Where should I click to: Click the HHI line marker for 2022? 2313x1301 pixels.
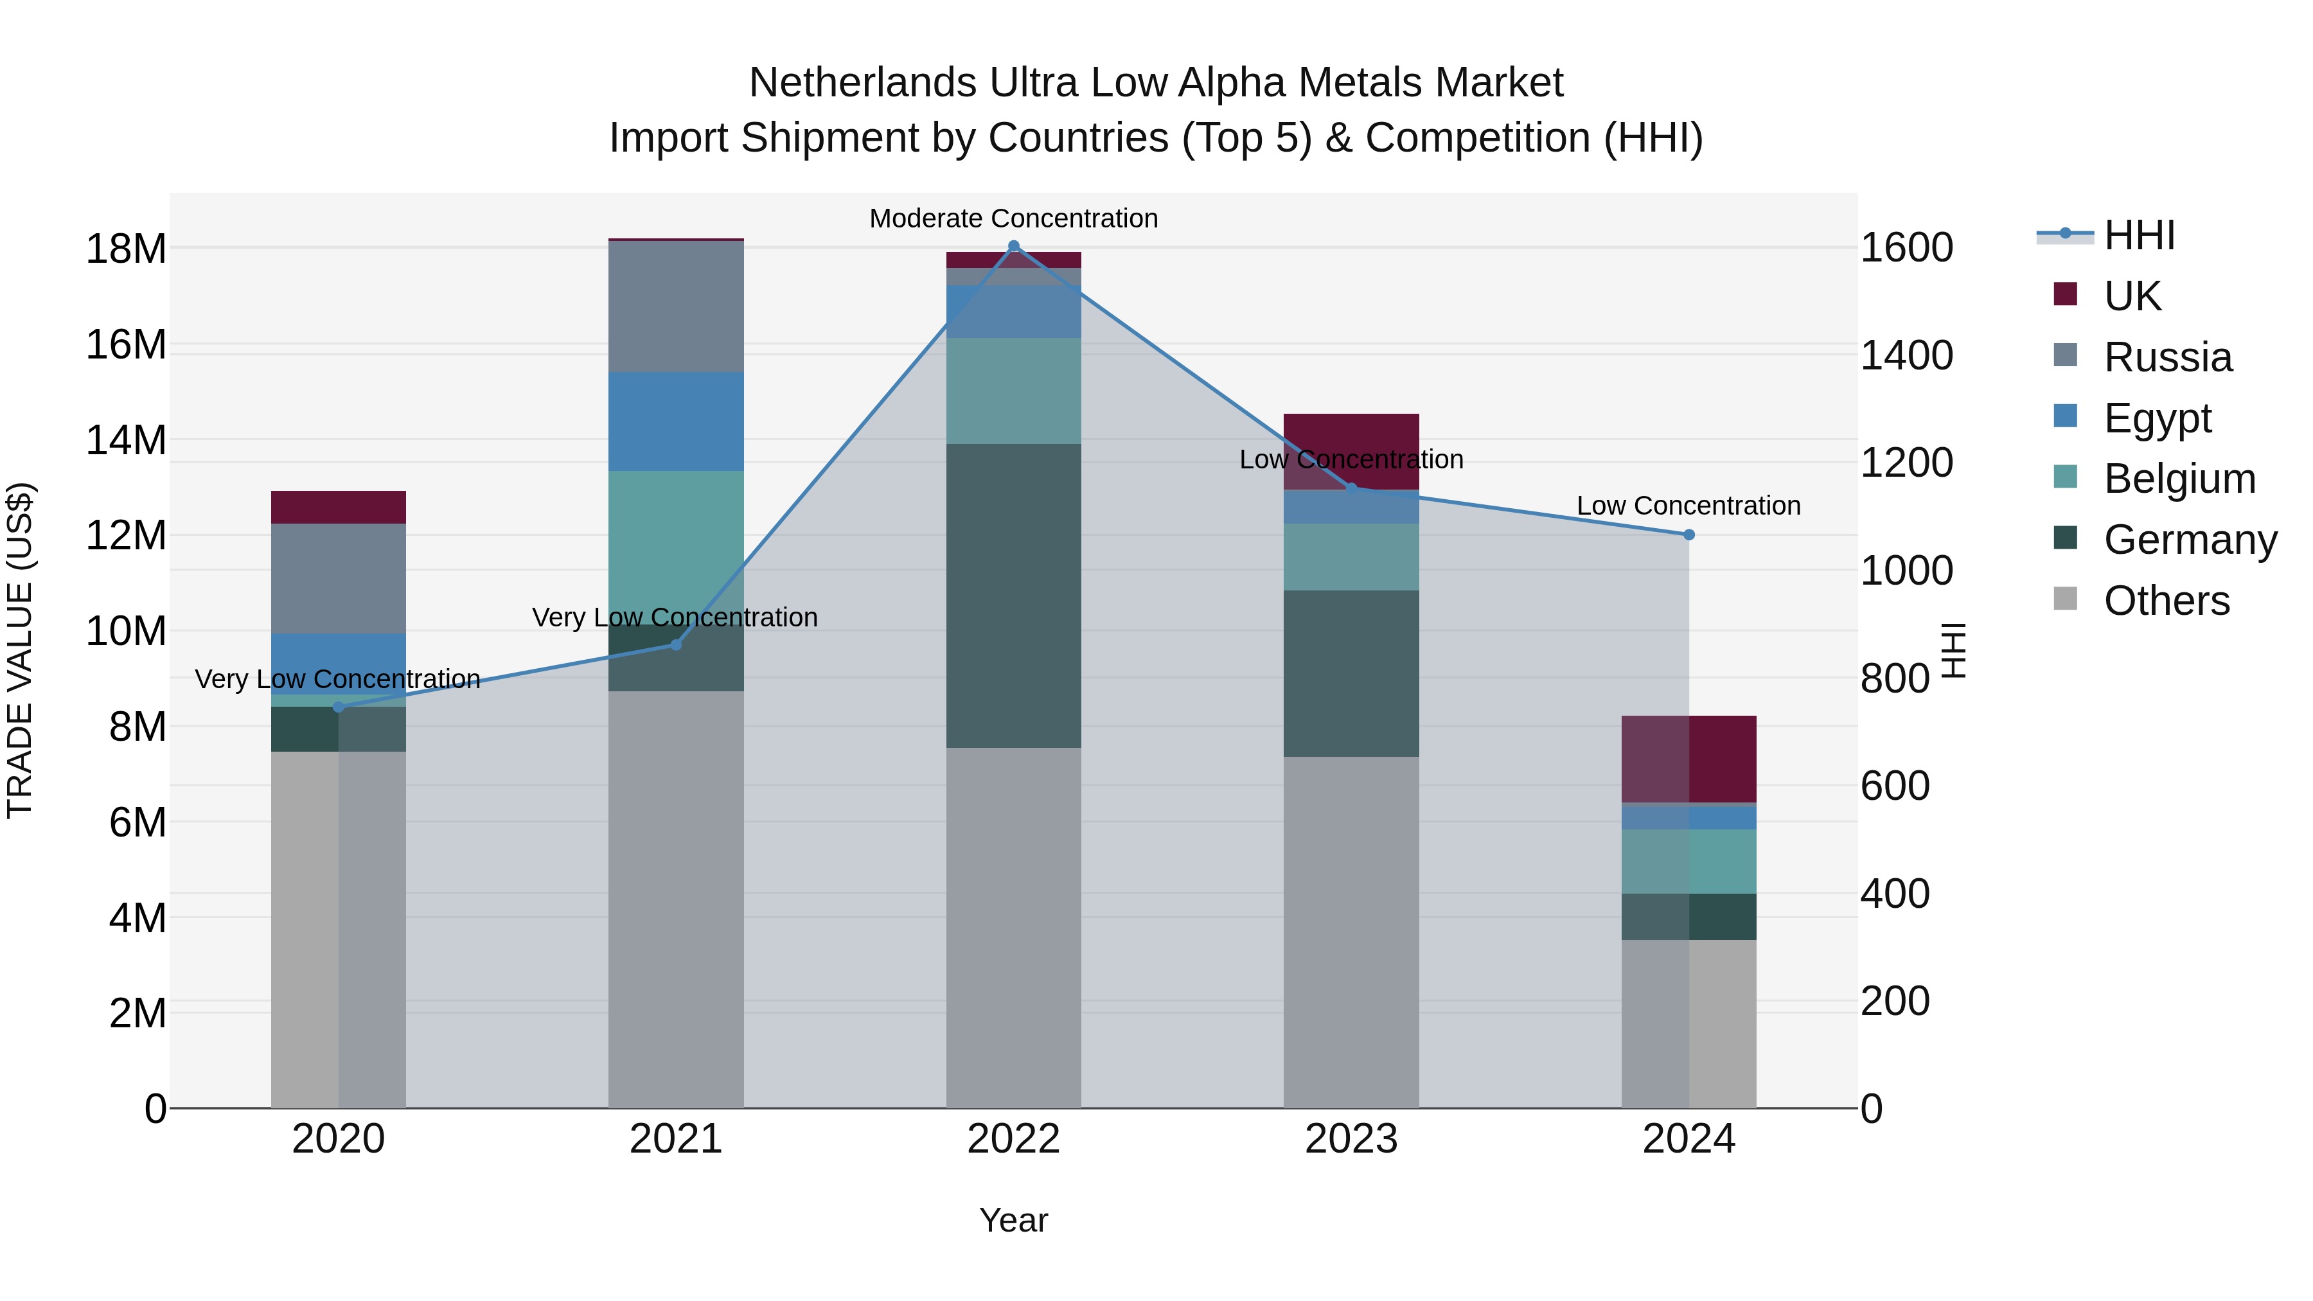[x=1014, y=246]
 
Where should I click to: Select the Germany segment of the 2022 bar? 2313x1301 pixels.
[x=1014, y=596]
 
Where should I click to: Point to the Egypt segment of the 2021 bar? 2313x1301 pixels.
[x=676, y=421]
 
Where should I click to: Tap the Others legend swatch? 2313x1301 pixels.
[x=2065, y=599]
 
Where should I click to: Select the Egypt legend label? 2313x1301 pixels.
[x=2158, y=418]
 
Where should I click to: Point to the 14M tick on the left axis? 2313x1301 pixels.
[x=126, y=440]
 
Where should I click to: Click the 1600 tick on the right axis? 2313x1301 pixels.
[x=1906, y=248]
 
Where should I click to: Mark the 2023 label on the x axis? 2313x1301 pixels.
[x=1351, y=1139]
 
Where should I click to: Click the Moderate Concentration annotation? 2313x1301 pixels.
[x=1014, y=218]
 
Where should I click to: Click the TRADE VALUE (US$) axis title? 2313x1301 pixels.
[x=20, y=650]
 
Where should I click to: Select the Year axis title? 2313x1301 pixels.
[x=1014, y=1220]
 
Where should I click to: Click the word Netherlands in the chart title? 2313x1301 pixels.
[x=862, y=83]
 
